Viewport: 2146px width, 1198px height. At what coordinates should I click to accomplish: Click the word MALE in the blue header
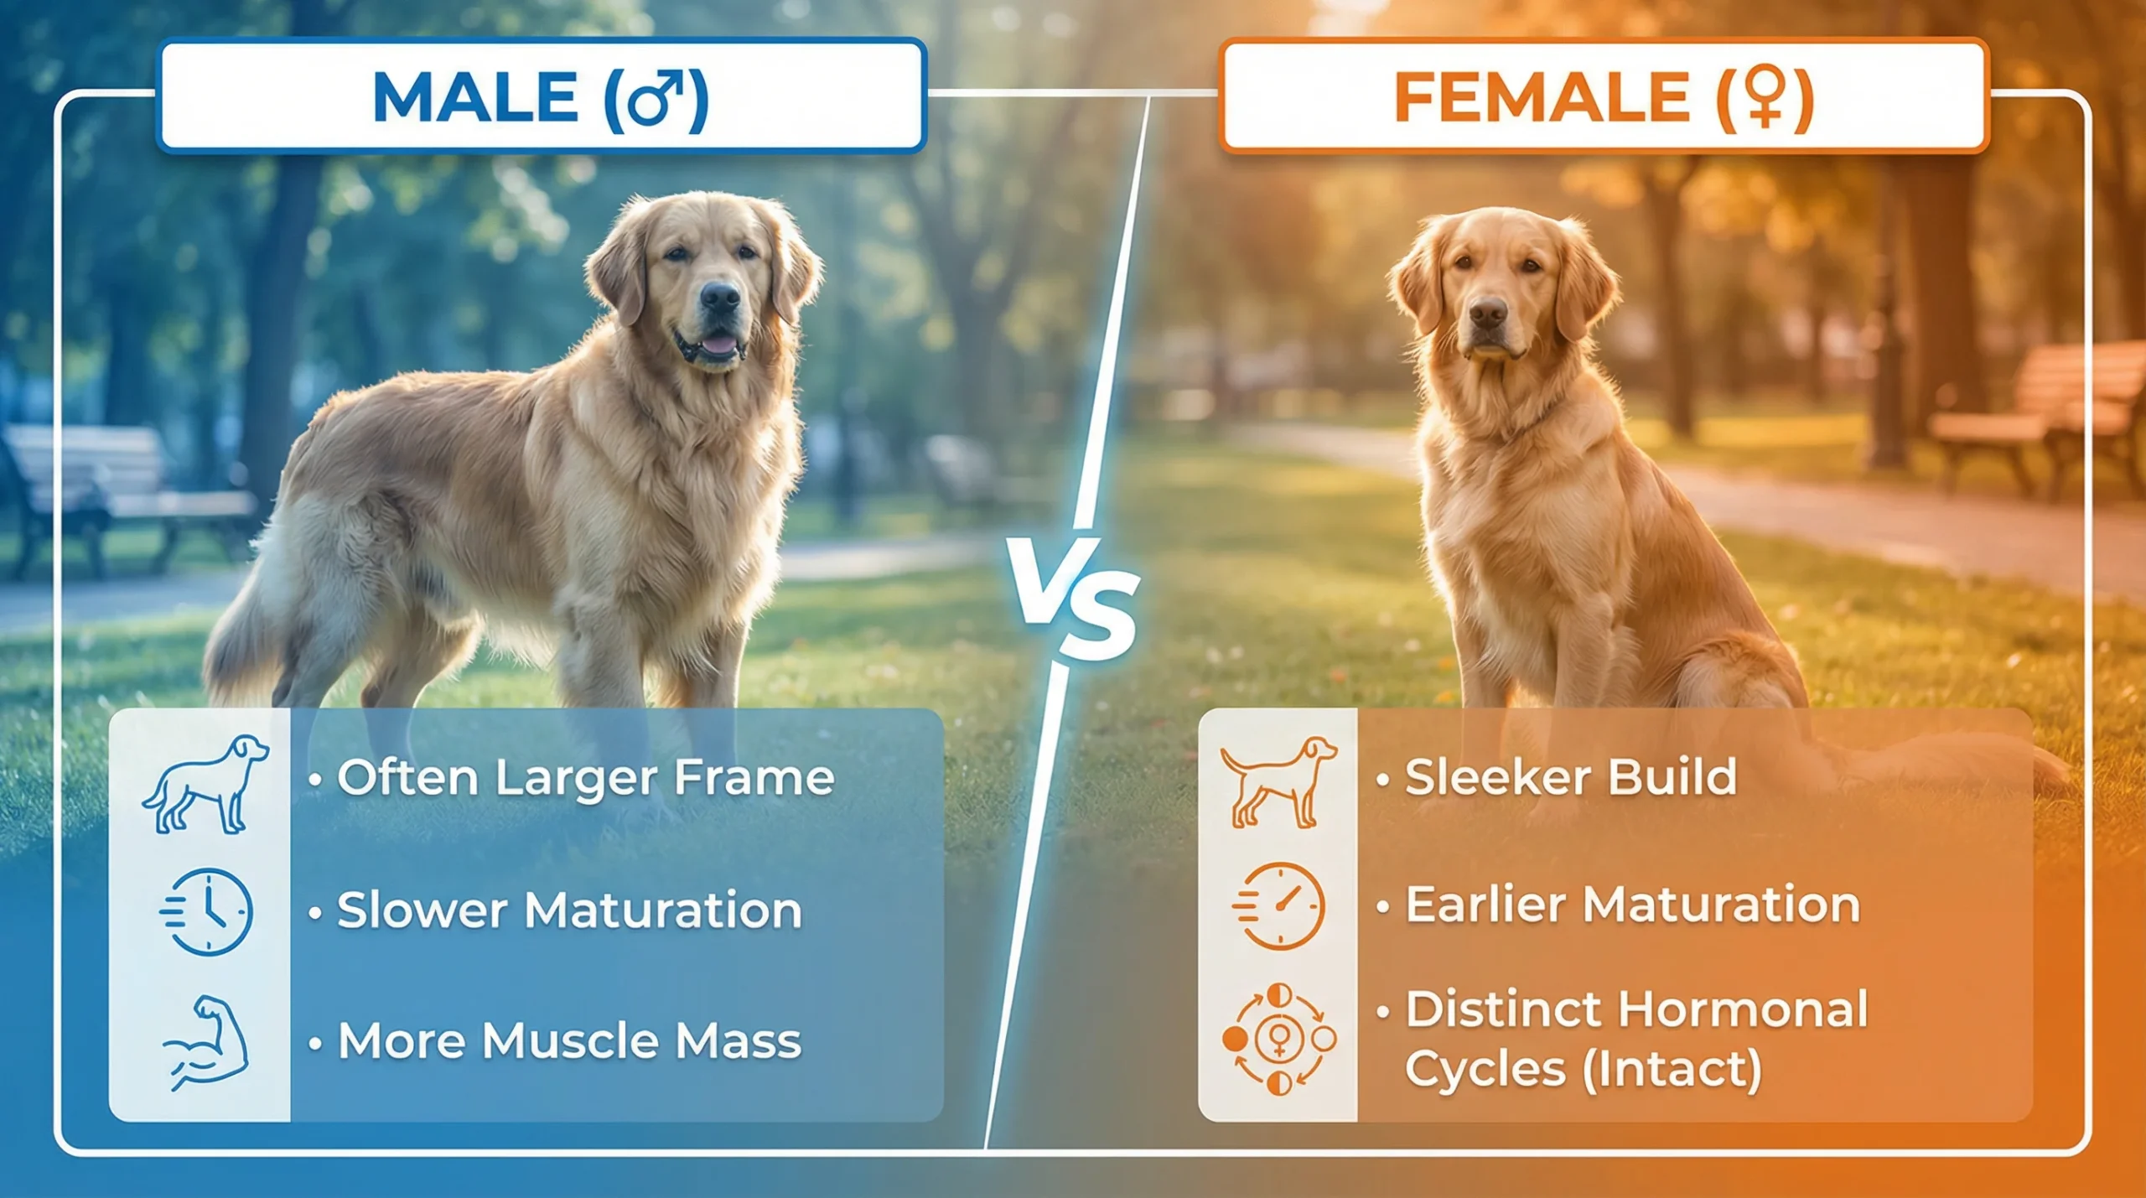pos(474,98)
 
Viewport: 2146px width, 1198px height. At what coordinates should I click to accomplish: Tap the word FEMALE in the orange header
pos(1541,98)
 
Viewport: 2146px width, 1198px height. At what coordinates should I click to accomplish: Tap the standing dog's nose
pos(719,296)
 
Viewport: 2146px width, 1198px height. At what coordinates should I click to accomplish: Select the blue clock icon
pos(207,912)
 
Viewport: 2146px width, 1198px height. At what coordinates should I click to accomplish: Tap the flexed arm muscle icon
pos(206,1042)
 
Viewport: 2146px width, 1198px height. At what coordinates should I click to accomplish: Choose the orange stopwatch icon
pos(1279,906)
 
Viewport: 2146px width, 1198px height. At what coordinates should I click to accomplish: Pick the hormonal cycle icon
pos(1279,1040)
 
